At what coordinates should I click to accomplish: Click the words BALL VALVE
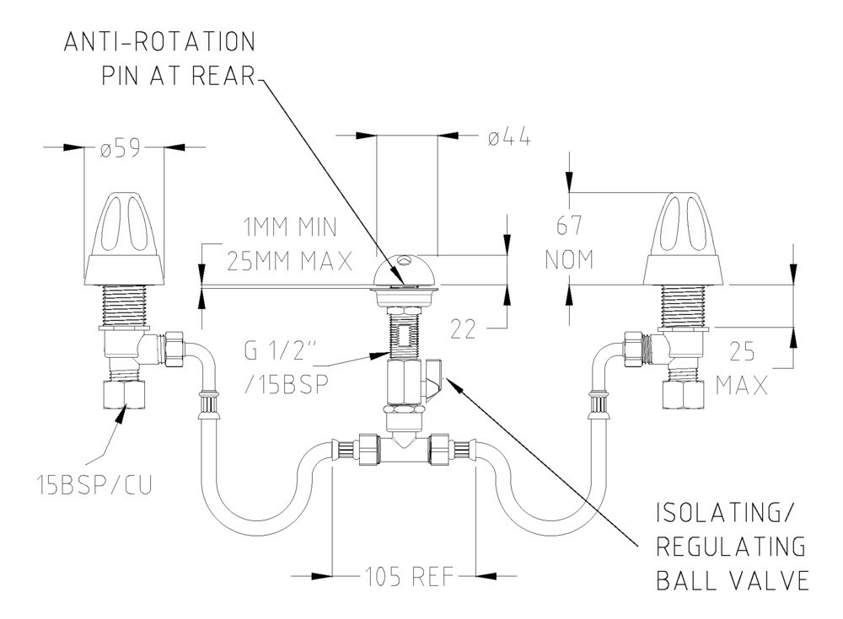click(x=733, y=581)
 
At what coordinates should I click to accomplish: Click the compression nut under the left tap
click(x=125, y=392)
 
